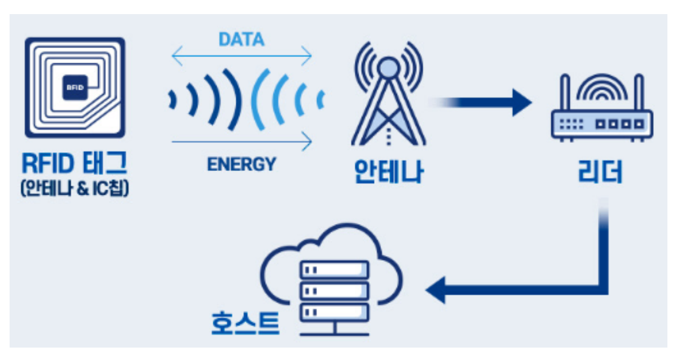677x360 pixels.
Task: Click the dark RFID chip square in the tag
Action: (x=74, y=87)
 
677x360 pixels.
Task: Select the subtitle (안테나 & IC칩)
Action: (x=74, y=188)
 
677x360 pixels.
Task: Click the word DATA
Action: (x=241, y=39)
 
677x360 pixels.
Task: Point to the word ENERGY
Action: (x=241, y=164)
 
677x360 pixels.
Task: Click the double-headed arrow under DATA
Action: (x=241, y=56)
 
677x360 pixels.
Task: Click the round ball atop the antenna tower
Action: (x=388, y=68)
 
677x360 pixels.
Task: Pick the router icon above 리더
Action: (x=601, y=113)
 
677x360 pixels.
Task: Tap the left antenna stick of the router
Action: (x=564, y=93)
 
